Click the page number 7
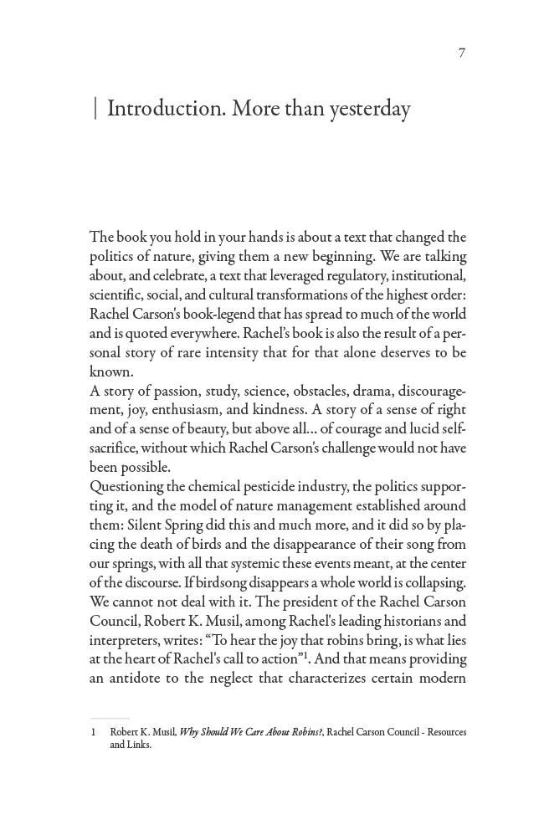tap(462, 54)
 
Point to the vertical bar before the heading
tap(95, 110)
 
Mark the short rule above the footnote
tap(110, 718)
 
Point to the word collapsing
tap(429, 582)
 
